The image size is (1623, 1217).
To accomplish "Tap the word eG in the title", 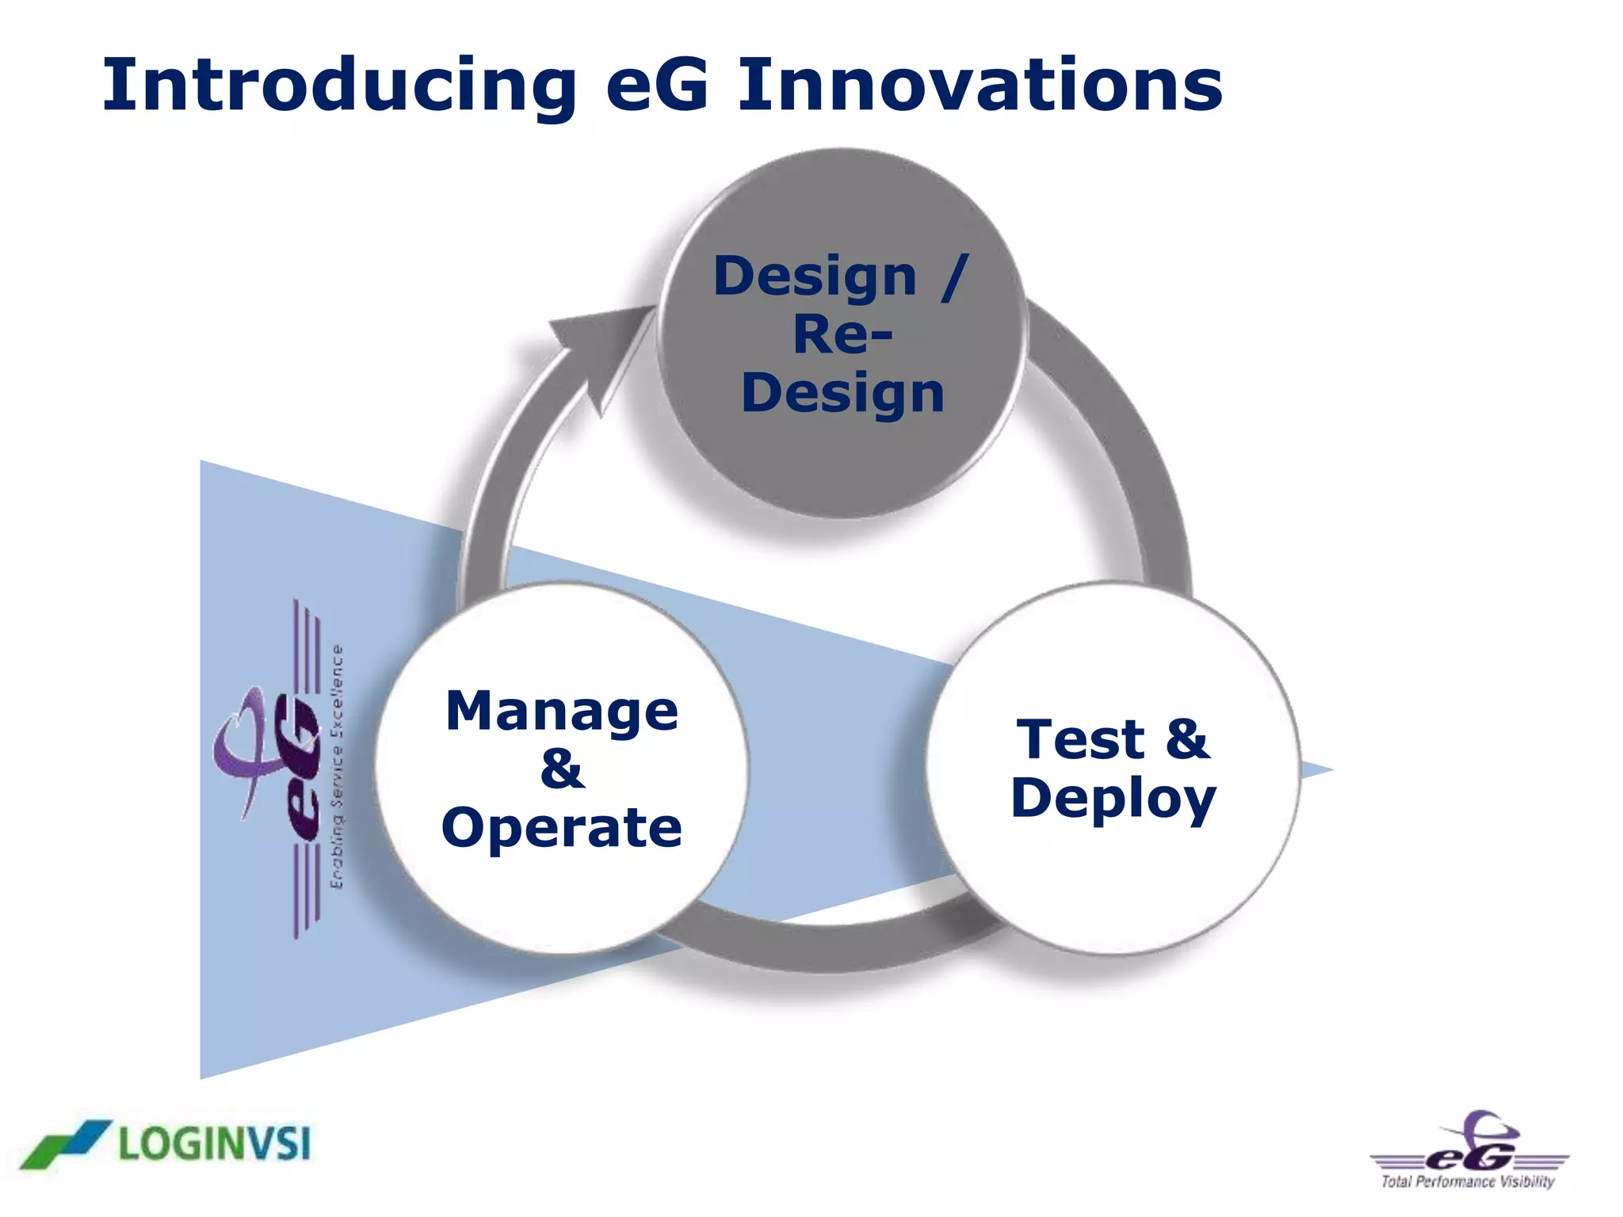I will coord(657,86).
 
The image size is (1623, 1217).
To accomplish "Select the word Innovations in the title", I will coord(980,86).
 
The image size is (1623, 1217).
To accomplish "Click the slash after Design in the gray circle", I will coord(955,277).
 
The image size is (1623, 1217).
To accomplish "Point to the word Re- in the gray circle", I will coord(842,335).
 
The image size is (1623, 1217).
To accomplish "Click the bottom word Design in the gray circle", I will coord(842,394).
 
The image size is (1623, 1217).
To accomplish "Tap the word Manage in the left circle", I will coord(562,711).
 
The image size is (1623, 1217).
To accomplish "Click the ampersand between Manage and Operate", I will coord(562,769).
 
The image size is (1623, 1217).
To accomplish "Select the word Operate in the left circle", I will coord(562,827).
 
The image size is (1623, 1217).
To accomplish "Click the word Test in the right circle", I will coord(1079,739).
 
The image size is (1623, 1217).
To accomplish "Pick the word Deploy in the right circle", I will coord(1113,799).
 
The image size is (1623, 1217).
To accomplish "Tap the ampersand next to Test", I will coord(1186,739).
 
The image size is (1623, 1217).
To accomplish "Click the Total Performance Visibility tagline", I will coord(1468,1181).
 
